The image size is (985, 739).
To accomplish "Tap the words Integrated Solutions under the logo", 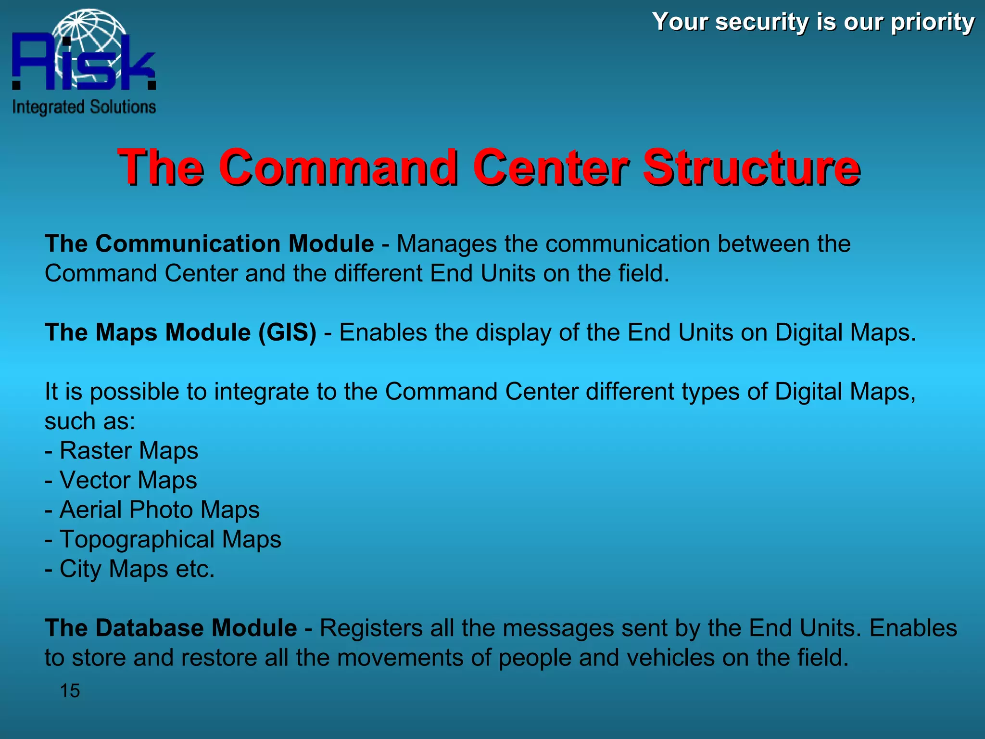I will click(x=84, y=107).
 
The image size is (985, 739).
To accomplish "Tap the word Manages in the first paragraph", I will click(x=446, y=243).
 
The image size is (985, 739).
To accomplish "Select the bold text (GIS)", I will click(x=287, y=332).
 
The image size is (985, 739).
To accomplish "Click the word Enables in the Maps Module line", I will click(x=383, y=332).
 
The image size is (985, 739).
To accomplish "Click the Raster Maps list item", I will click(x=128, y=451).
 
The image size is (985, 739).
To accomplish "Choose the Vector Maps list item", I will click(x=128, y=480).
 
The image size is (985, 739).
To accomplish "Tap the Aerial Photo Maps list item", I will click(x=159, y=510).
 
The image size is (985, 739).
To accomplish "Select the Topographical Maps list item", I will click(x=170, y=539).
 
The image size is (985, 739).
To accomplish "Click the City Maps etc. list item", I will click(x=137, y=569).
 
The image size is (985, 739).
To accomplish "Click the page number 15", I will click(x=70, y=691).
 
